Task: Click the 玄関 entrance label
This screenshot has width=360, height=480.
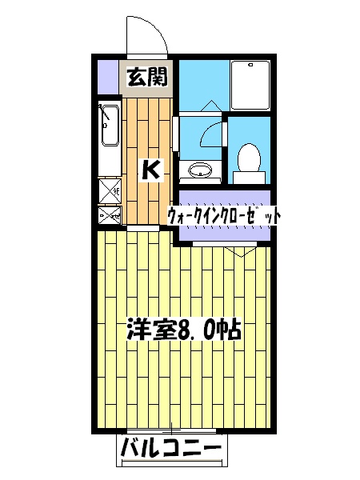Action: coord(148,78)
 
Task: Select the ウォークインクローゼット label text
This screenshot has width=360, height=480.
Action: coord(223,215)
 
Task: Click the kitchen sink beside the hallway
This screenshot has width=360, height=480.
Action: coord(108,125)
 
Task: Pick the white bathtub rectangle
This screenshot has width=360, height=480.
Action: coord(251,83)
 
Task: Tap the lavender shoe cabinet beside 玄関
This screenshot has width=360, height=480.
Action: coord(106,76)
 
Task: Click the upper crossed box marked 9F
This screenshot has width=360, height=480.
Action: coord(108,190)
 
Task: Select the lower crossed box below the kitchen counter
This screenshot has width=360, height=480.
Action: coord(108,214)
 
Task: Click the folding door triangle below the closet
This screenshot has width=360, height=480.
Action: coord(237,250)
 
